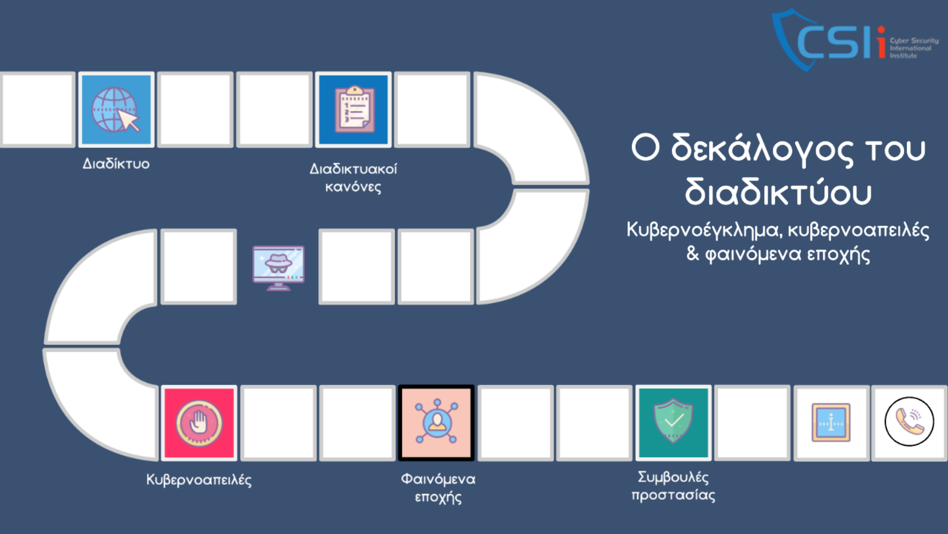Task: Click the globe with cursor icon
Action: (x=116, y=109)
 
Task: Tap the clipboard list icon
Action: (x=355, y=109)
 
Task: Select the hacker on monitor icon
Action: (x=278, y=268)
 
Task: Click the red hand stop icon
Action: (x=199, y=423)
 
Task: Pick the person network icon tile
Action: (x=436, y=423)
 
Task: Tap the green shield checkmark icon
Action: (x=673, y=421)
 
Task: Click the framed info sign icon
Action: (x=831, y=422)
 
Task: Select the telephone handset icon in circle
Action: (x=909, y=421)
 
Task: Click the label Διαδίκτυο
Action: (x=116, y=163)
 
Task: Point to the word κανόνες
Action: (x=353, y=187)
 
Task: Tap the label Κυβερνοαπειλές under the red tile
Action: (x=199, y=480)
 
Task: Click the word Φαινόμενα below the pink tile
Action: (x=438, y=479)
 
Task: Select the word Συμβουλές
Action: (x=673, y=478)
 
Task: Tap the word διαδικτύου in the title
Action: (x=779, y=192)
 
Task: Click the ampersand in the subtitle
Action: (x=692, y=254)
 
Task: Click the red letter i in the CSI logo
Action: (x=882, y=42)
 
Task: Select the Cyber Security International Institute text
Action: (x=914, y=48)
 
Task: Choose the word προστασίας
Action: (x=673, y=495)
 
